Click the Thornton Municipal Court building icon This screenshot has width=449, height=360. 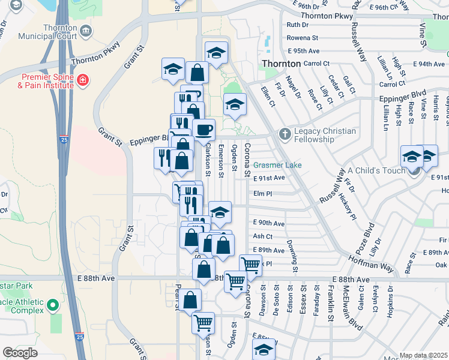(86, 31)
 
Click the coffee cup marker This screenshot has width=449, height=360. (203, 130)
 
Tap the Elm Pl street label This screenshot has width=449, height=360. (263, 194)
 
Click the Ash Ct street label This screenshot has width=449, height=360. (262, 236)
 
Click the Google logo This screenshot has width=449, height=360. (20, 353)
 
